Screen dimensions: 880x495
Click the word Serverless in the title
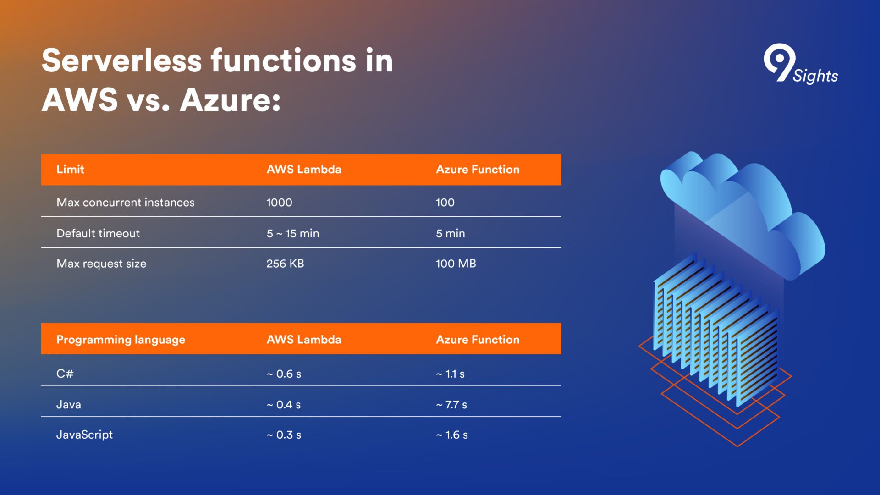pos(121,60)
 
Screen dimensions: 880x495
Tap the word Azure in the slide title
pos(230,99)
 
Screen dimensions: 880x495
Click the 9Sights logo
pos(801,65)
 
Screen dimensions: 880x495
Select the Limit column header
pos(70,169)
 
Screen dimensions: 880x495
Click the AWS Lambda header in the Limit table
pos(304,169)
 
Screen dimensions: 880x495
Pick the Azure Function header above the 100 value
pos(478,169)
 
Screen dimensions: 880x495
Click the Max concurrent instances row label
pos(125,202)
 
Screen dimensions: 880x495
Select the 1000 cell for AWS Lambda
pos(279,202)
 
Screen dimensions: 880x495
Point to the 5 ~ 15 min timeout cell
pos(293,233)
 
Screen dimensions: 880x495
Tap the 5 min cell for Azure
pos(450,233)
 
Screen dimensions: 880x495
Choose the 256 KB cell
pos(285,264)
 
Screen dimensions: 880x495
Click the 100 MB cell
pos(456,264)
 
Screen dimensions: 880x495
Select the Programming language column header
pos(121,340)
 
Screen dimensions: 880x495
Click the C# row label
pos(65,374)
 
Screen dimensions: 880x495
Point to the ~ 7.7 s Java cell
pos(451,405)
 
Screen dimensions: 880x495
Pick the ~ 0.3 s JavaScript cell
pos(284,435)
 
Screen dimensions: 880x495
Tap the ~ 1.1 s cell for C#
pos(450,374)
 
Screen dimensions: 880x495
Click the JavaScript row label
pos(84,434)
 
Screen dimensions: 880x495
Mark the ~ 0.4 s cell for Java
pos(284,405)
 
